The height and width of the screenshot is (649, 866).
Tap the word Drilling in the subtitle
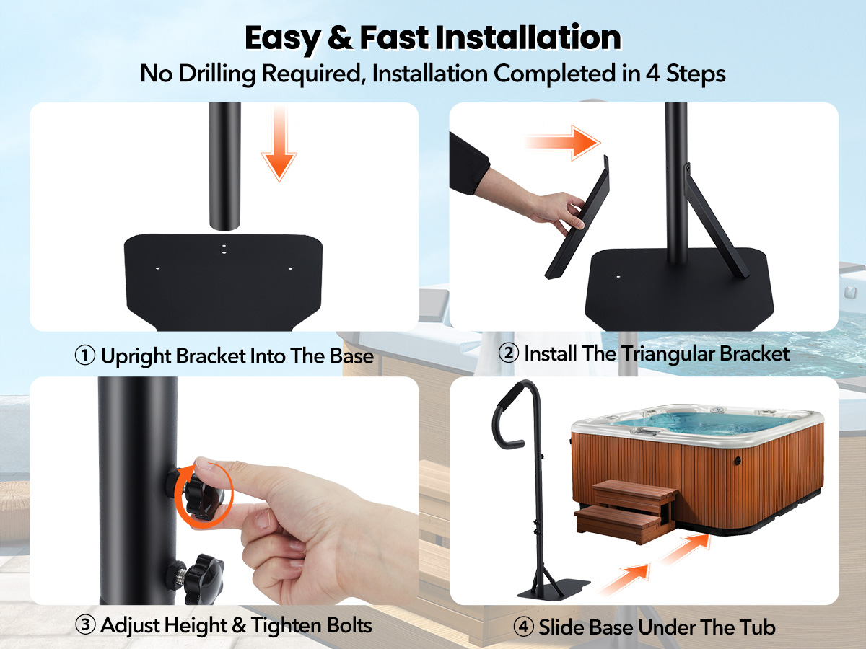coord(217,74)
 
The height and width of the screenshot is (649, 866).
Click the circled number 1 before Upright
coord(85,356)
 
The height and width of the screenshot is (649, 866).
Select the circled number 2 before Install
coord(509,353)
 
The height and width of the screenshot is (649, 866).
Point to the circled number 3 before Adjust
coord(85,625)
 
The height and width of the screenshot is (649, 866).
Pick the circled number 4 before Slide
coord(523,627)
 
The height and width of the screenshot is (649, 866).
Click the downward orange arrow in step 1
coord(279,143)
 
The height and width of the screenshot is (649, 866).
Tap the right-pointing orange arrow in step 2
coord(563,143)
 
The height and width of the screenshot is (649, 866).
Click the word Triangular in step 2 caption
coord(669,353)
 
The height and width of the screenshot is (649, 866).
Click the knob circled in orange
coord(204,494)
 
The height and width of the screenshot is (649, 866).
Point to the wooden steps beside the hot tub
coord(626,511)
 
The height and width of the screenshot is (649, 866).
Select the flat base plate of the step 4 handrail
coord(554,589)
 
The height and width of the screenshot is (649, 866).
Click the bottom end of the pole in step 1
coord(224,227)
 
